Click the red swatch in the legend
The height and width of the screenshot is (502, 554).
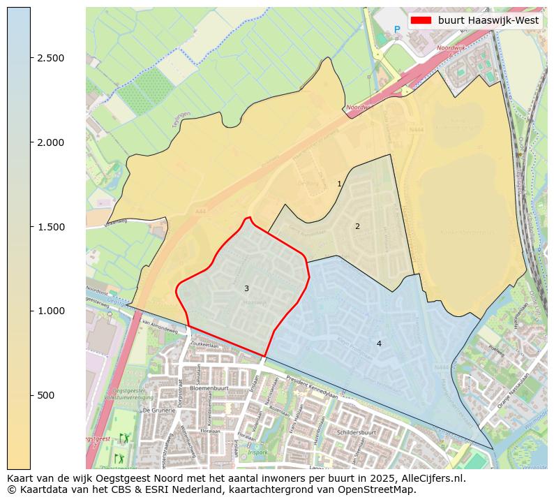(x=421, y=21)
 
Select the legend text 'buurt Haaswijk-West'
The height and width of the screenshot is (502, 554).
(x=488, y=21)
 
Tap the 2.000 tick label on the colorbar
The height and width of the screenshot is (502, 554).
(x=50, y=142)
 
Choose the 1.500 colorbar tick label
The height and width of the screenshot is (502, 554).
(x=50, y=227)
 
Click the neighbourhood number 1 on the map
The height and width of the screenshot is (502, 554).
(x=340, y=184)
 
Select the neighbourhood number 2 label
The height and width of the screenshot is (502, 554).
(x=357, y=226)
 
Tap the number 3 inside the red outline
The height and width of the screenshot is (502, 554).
(x=246, y=288)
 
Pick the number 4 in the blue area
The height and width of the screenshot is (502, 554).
(x=379, y=344)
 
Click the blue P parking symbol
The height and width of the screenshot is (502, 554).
(x=397, y=29)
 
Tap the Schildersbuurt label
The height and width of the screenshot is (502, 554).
(x=375, y=433)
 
